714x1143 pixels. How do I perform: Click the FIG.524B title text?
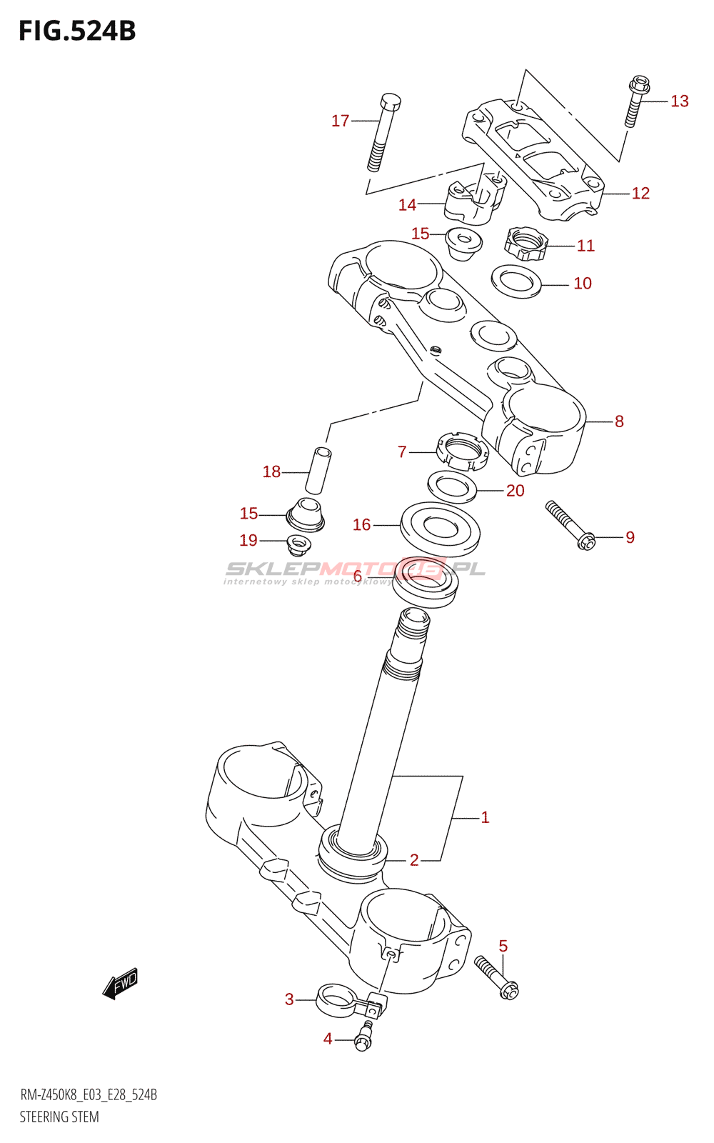pyautogui.click(x=78, y=31)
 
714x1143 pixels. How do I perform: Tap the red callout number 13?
pyautogui.click(x=679, y=101)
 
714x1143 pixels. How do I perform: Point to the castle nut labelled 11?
pyautogui.click(x=526, y=244)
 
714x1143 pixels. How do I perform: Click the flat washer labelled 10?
pyautogui.click(x=516, y=281)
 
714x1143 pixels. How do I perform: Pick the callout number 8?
pyautogui.click(x=619, y=421)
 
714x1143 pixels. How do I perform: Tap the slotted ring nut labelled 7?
pyautogui.click(x=461, y=451)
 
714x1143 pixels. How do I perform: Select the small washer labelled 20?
pyautogui.click(x=453, y=486)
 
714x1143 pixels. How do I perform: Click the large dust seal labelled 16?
pyautogui.click(x=440, y=529)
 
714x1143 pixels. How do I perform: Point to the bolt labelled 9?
pyautogui.click(x=570, y=525)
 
